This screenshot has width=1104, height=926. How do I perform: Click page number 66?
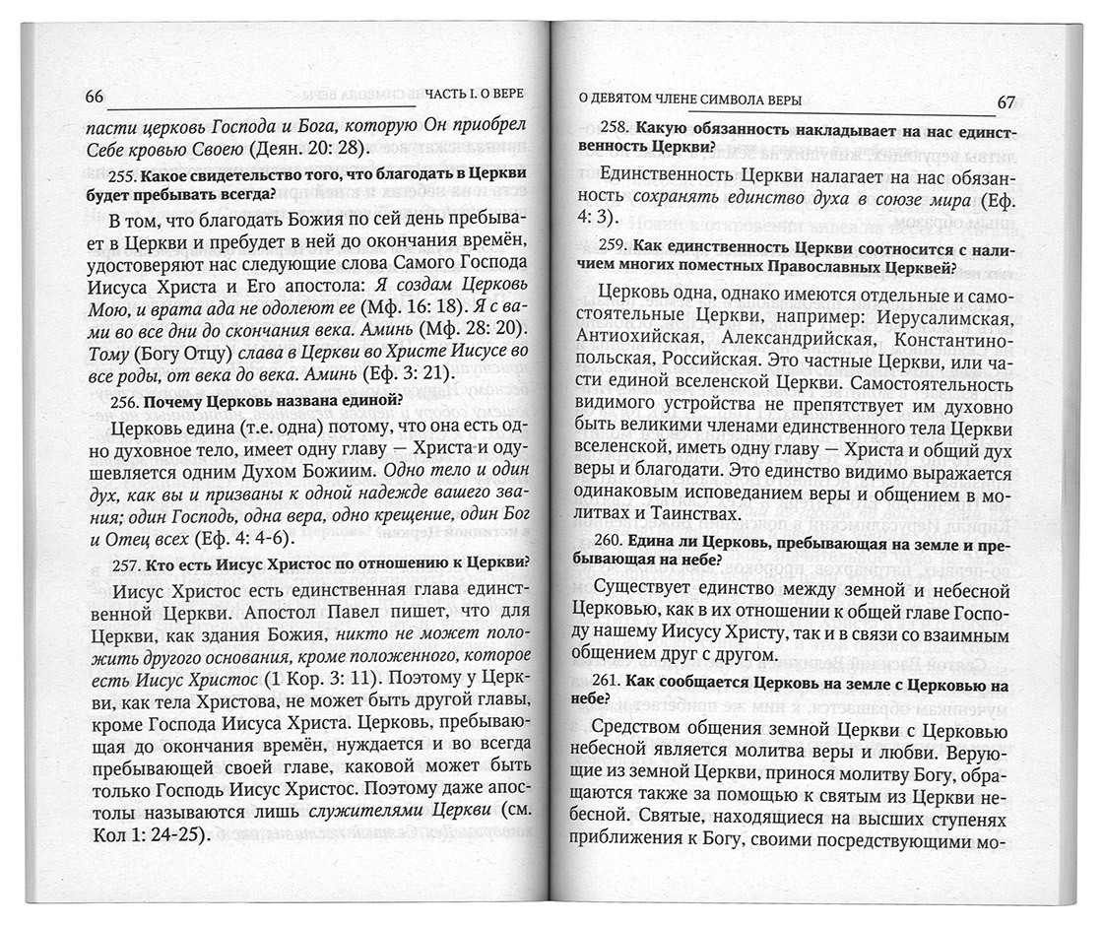tap(95, 96)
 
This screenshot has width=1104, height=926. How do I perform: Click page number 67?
tap(1005, 101)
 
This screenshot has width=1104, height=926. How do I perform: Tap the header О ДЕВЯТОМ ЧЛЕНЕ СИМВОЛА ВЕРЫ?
tap(687, 100)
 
